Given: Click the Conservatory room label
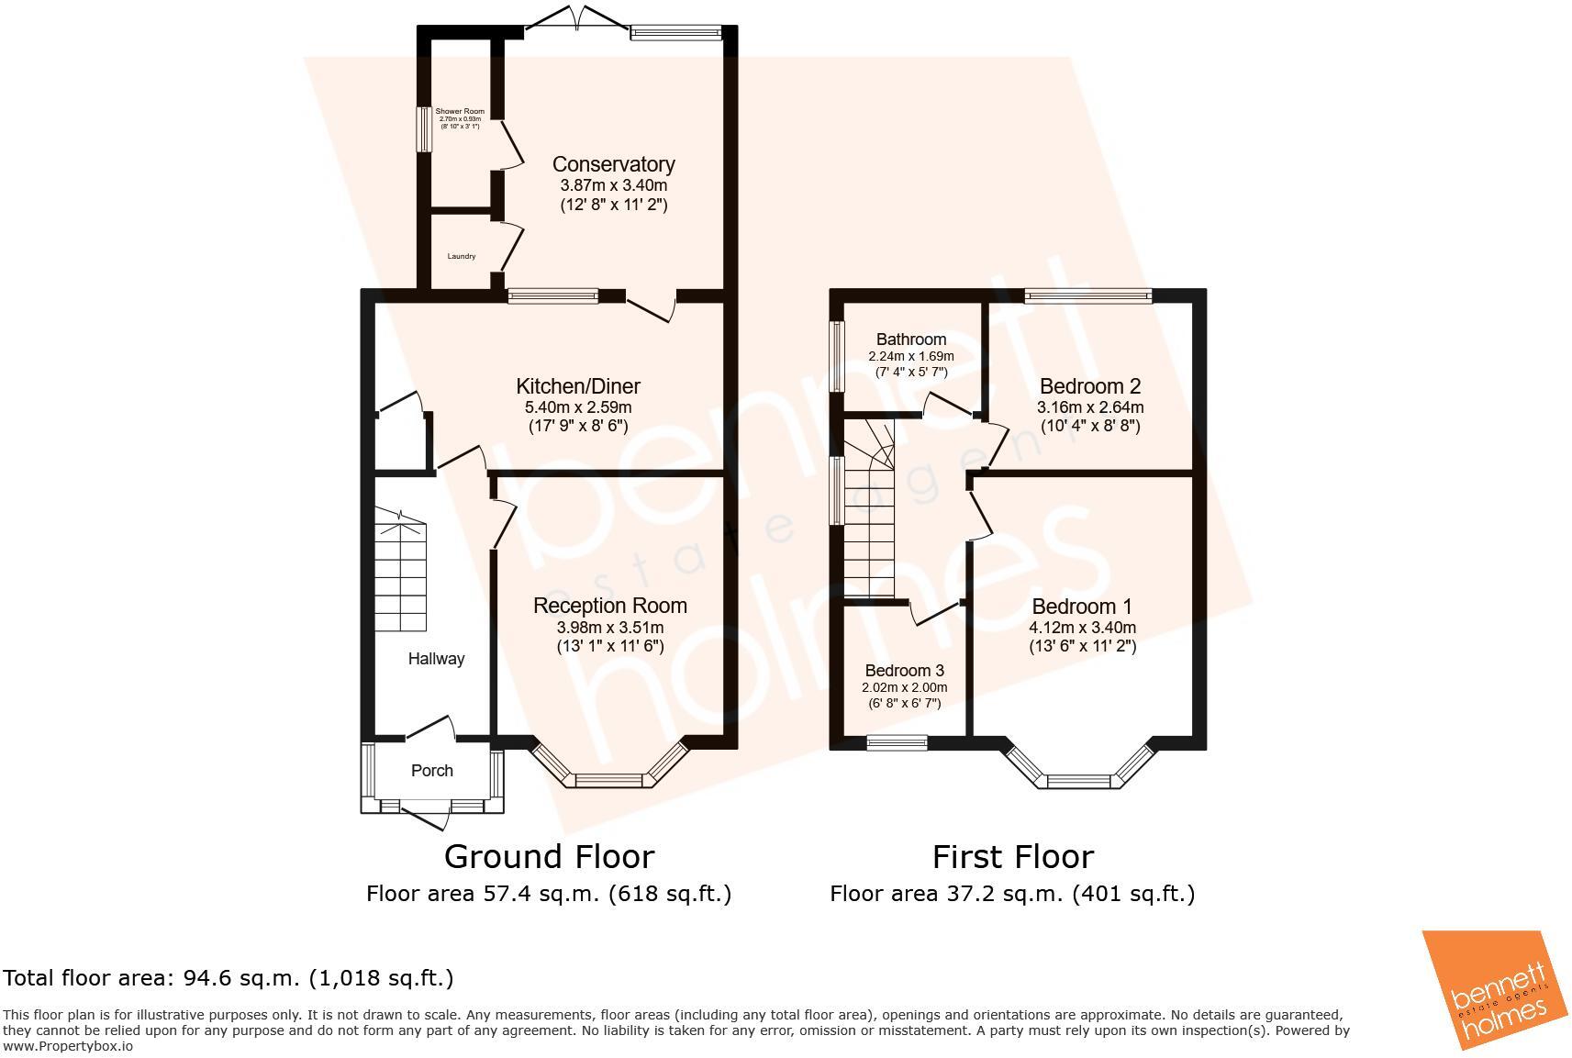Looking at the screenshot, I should [613, 164].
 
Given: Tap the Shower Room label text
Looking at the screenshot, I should [460, 111].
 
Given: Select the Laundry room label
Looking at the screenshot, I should [462, 256].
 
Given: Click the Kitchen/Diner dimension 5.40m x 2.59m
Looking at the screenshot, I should [577, 406].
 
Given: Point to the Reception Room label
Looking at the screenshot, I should [609, 606].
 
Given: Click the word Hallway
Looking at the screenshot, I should [436, 659].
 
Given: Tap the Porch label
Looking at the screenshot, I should [431, 771].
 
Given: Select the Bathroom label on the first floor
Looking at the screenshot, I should [910, 340].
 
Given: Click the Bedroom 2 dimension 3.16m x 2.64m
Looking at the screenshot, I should [1090, 406].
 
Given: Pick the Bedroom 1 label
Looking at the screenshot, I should [1082, 607].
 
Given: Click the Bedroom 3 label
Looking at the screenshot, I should [904, 671].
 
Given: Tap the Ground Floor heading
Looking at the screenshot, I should [549, 856].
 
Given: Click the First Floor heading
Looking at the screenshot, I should [1012, 857].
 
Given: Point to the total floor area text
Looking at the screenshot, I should [229, 978].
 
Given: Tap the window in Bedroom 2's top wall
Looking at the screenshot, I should [1087, 295].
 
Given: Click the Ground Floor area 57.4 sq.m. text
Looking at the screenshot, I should [548, 894].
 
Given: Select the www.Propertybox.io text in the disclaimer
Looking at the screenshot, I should [69, 1046].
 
